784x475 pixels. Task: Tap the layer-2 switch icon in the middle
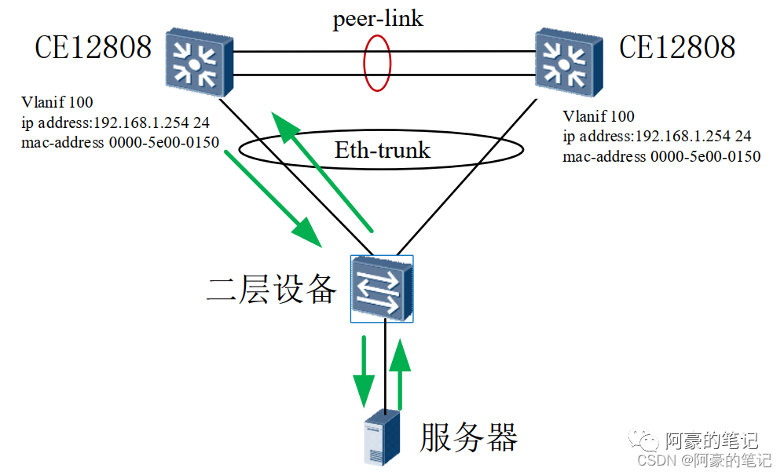click(382, 288)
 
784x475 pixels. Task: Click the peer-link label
click(377, 19)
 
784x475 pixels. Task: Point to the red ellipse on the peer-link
click(377, 63)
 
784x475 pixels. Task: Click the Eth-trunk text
click(383, 150)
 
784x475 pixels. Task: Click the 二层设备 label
click(271, 290)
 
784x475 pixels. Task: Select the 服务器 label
click(469, 437)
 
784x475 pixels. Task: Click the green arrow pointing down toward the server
click(364, 369)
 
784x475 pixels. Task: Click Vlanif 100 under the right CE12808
click(599, 117)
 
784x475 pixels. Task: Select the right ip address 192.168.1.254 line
click(657, 137)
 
